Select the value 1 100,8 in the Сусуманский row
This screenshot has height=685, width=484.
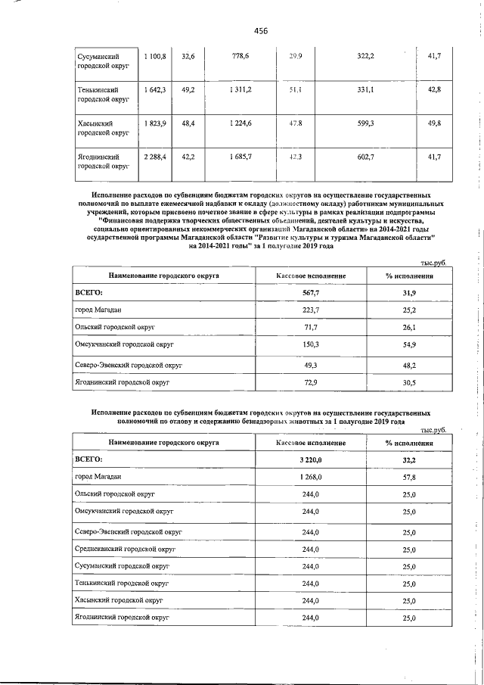155,57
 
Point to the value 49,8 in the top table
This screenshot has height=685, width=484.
434,123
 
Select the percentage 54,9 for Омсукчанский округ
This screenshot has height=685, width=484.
409,345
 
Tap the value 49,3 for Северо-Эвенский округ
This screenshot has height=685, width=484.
311,365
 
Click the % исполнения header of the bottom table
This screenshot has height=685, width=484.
409,444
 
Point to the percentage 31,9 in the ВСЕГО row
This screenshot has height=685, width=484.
409,292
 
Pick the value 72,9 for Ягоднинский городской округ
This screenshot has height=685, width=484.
311,383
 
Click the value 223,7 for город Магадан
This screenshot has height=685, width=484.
311,310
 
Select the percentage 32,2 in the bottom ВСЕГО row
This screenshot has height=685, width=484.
409,460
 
